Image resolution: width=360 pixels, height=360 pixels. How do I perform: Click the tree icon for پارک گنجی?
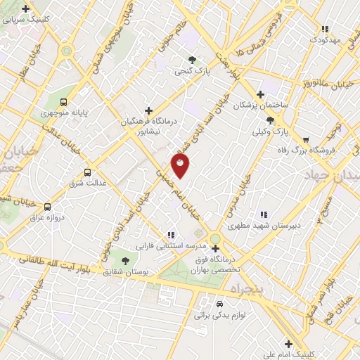[x=192, y=60]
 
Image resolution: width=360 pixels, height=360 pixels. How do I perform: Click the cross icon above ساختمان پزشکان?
[x=260, y=94]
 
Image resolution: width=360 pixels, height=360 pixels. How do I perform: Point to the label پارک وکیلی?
[x=271, y=131]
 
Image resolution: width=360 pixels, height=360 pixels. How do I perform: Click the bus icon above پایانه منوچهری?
[x=65, y=101]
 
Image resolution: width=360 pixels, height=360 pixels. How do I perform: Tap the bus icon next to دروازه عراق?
[x=47, y=207]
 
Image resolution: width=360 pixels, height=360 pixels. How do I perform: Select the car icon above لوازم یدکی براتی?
[x=220, y=304]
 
